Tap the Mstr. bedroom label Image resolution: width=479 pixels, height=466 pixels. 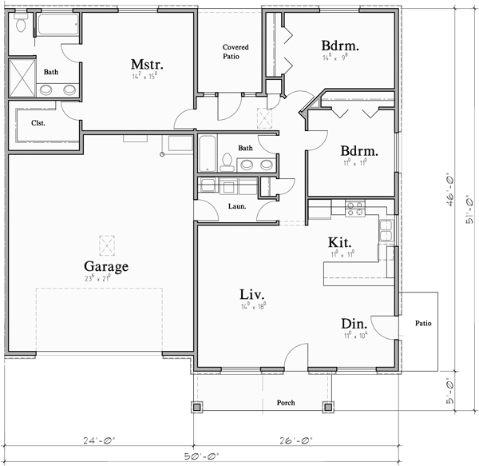click(x=148, y=64)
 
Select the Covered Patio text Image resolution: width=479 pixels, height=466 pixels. click(x=236, y=52)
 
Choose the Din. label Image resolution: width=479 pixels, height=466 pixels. click(x=354, y=324)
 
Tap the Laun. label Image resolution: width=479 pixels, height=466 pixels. click(x=237, y=206)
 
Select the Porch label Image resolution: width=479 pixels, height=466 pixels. click(x=285, y=403)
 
